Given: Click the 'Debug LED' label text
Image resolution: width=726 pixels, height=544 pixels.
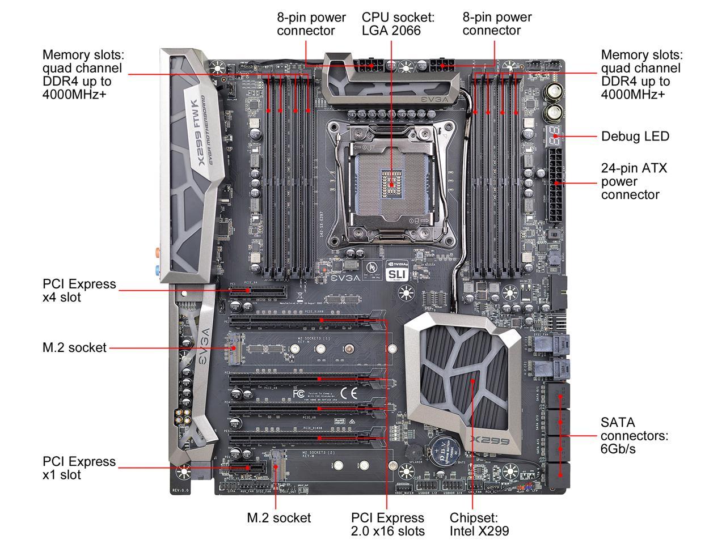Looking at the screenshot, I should point(635,137).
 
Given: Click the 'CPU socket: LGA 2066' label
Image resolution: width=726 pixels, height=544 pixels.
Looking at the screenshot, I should point(398,24).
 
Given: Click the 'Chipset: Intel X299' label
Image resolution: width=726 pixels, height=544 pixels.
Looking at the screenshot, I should point(479,524).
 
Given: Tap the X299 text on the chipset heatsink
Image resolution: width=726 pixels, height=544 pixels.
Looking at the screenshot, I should point(488,441).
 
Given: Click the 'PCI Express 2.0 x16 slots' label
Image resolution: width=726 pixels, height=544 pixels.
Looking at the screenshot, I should point(387,524).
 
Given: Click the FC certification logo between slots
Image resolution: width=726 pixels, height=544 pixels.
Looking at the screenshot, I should point(299,393).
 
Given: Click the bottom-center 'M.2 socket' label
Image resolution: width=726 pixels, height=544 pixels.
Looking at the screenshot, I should point(278,517).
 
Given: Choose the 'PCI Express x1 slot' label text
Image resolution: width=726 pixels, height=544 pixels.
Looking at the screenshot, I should point(79,468).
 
